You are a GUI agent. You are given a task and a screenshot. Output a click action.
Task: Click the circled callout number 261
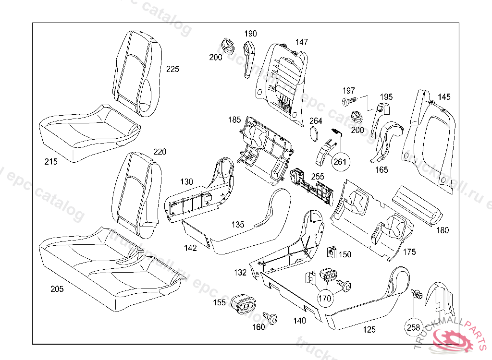coord(340,162)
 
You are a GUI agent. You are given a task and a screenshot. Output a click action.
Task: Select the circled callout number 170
coord(325,298)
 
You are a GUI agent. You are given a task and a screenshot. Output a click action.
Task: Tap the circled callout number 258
coord(413,327)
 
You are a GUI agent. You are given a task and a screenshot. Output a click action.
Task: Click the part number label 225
coord(172,69)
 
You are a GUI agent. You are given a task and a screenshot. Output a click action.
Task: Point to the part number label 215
coord(50,162)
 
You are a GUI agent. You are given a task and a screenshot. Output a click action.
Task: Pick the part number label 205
coord(57,289)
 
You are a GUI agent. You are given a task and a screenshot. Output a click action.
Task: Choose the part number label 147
coord(302,42)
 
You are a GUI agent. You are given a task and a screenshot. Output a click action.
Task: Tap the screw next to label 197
coord(349,101)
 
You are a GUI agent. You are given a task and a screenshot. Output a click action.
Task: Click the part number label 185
coord(234,119)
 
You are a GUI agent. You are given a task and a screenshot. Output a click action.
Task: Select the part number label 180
coord(443,230)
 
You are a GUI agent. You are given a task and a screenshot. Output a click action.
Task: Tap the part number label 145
coord(444,97)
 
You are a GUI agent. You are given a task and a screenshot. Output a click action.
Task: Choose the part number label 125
coord(369,330)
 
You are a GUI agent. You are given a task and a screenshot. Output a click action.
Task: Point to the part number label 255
coord(318,177)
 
